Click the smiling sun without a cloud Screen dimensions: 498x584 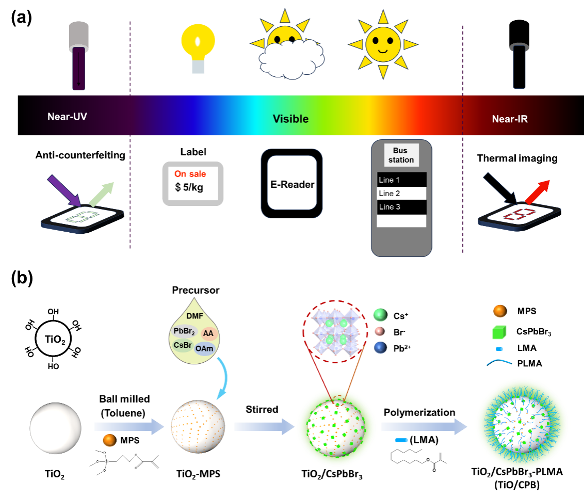coord(383,44)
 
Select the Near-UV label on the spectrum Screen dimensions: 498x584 coord(67,116)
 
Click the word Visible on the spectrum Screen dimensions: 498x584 coord(290,119)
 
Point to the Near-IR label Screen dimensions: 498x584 coord(510,119)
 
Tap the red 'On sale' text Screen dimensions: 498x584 coord(190,174)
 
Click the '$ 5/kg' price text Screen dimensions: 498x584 coord(189,187)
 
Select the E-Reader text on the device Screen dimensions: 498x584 coord(292,184)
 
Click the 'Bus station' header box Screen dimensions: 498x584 coord(401,155)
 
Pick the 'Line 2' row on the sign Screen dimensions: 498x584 coord(401,194)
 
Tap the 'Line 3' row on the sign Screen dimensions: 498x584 coord(401,207)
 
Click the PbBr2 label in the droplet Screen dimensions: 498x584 coord(184,331)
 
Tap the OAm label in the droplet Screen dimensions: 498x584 coord(204,349)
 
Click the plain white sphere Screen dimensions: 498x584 coord(55,428)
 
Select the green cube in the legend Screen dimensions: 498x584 coord(499,332)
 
